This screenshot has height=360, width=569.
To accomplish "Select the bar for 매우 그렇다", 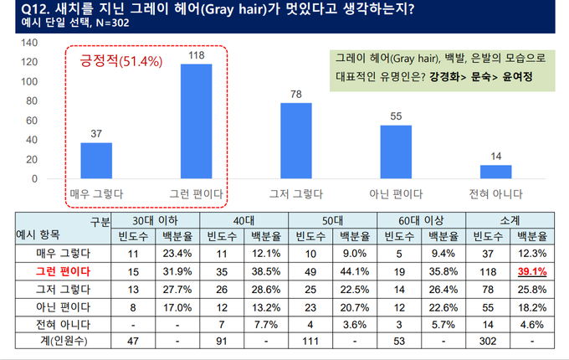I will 96,161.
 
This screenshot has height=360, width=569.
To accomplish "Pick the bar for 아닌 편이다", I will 396,152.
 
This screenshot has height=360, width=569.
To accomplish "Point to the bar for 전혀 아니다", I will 496,172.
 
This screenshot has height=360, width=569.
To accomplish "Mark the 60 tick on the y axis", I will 30,121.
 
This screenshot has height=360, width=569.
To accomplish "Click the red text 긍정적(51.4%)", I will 116,62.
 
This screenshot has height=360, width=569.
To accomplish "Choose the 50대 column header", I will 332,220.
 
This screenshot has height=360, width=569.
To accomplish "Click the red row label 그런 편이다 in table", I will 63,271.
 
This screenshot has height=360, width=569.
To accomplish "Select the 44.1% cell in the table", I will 355,271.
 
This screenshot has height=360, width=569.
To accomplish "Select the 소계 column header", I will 510,220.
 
